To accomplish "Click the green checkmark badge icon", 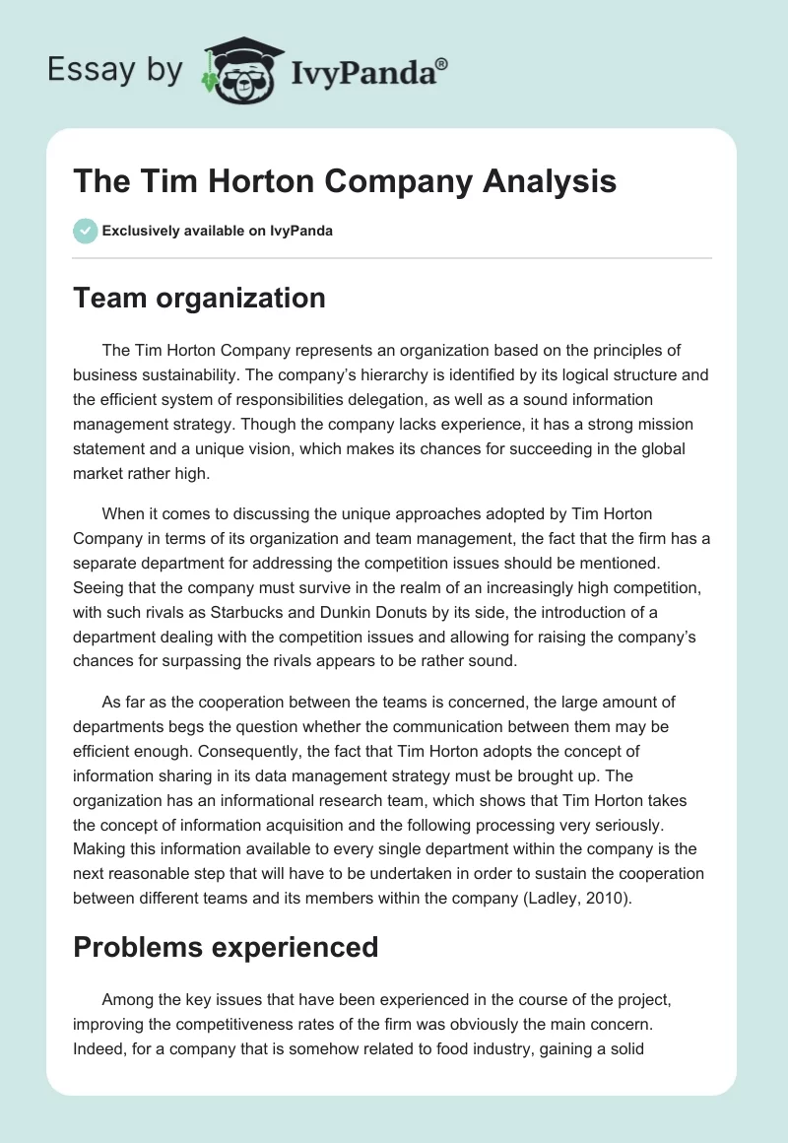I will tap(84, 231).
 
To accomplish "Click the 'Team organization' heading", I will tap(199, 298).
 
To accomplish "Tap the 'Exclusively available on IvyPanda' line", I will tap(217, 231).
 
